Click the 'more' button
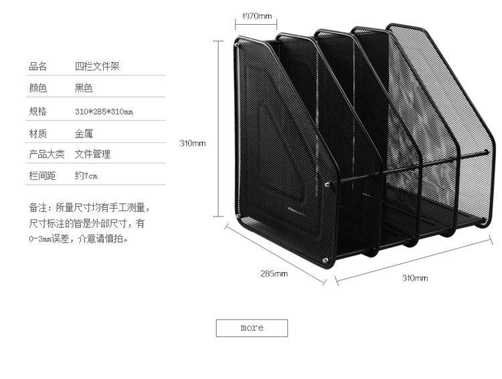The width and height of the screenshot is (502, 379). click(251, 328)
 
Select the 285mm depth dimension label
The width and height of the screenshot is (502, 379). click(274, 273)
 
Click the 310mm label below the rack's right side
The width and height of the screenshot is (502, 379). click(414, 278)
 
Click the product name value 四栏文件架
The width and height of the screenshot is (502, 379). click(97, 66)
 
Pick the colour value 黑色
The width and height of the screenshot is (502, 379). click(84, 88)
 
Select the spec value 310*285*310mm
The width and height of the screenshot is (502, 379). click(104, 111)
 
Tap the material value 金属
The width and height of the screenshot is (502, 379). click(84, 133)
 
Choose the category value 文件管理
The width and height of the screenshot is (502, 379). click(92, 154)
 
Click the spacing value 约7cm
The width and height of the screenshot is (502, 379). click(86, 176)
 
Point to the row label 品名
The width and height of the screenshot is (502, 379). click(37, 66)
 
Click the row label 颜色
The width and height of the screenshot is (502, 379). click(37, 88)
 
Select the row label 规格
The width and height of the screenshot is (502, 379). click(37, 111)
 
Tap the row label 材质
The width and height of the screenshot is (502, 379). click(37, 133)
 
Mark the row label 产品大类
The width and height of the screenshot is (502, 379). click(46, 154)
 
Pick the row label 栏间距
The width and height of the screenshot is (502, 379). click(41, 176)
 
